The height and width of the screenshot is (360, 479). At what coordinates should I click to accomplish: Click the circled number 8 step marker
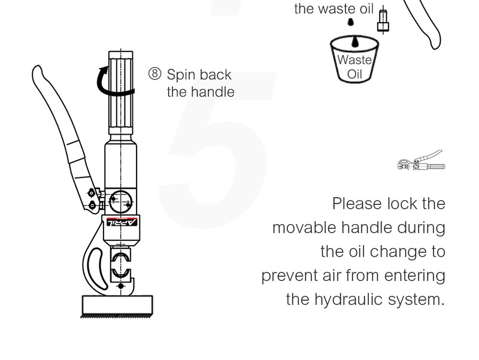tap(154, 74)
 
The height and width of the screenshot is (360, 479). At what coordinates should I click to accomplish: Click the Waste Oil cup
tap(354, 59)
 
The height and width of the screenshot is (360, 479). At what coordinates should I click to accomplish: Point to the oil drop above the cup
tap(351, 22)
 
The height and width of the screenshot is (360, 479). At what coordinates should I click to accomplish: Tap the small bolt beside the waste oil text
tap(383, 21)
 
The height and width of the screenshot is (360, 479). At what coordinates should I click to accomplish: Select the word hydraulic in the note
tap(349, 300)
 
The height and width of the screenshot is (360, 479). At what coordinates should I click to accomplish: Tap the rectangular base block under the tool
tap(117, 305)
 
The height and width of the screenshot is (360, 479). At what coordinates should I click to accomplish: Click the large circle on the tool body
tap(122, 201)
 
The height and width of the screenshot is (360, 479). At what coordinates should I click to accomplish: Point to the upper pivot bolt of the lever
tap(92, 193)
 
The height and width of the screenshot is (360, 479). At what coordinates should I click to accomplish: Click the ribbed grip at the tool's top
tap(121, 93)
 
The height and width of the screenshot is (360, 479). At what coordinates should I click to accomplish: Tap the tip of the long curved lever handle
tap(37, 68)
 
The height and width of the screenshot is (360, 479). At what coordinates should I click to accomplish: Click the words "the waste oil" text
tap(334, 8)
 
